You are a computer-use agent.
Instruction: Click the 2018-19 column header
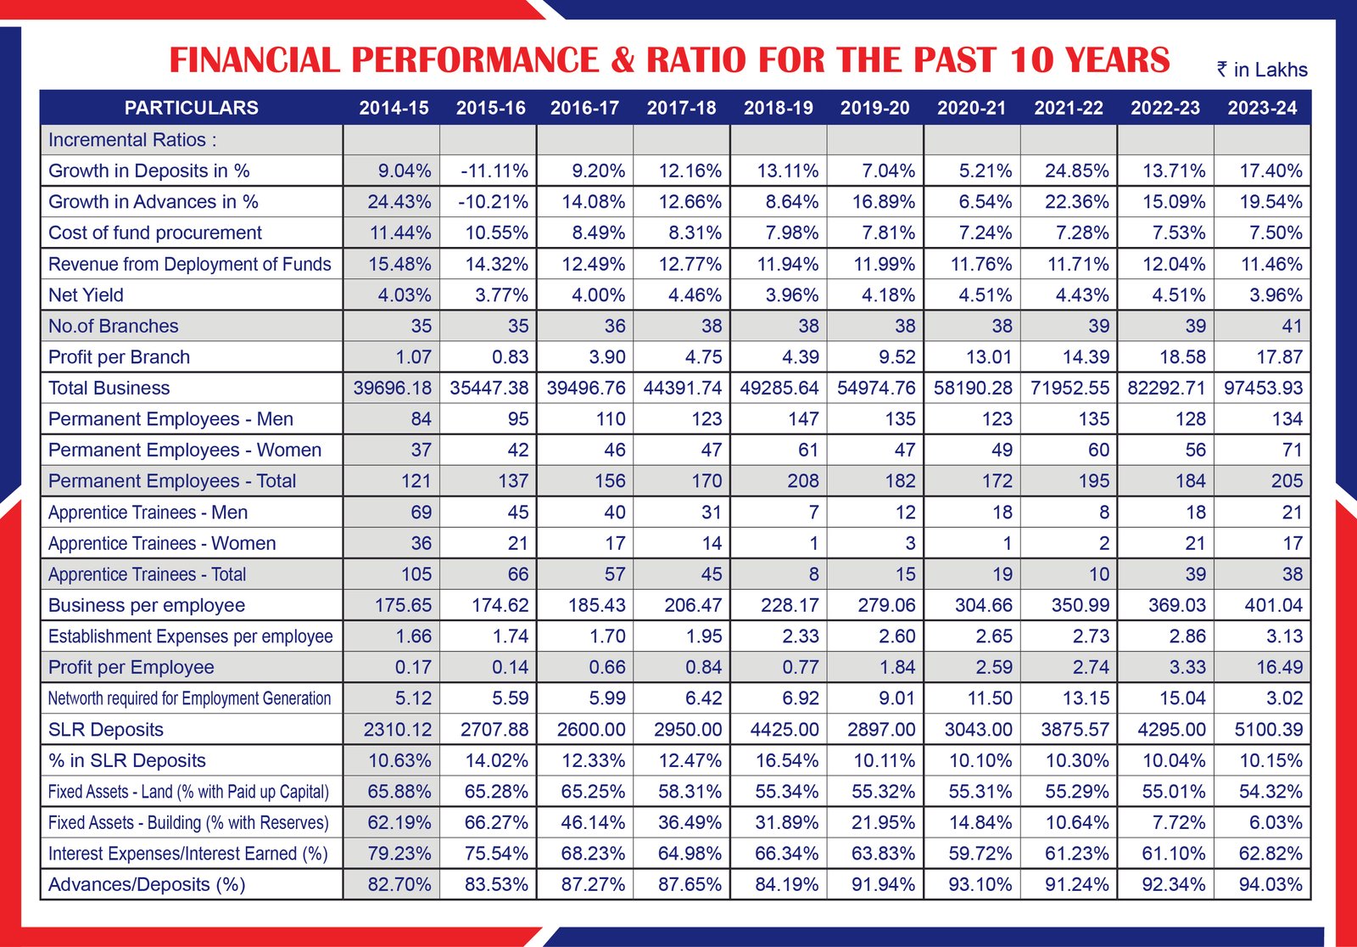coord(778,108)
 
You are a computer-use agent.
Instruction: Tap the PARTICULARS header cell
coord(192,108)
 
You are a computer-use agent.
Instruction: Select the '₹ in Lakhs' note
coord(1262,70)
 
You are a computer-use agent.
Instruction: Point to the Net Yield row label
coord(86,294)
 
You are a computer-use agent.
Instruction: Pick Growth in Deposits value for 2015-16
coord(494,171)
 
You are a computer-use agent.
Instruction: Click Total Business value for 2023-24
coord(1263,388)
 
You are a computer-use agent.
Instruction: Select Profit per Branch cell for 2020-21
coord(989,357)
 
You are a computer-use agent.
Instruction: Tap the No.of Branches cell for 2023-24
coord(1292,326)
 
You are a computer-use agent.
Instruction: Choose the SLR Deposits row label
coord(105,730)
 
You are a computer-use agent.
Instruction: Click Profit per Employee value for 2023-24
coord(1280,667)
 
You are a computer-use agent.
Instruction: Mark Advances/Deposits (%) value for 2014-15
coord(399,884)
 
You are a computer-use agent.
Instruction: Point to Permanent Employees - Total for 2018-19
coord(802,481)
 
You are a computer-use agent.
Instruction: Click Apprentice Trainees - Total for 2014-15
coord(416,574)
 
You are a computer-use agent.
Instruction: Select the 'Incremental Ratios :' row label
coord(132,140)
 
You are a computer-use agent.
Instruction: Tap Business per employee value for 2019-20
coord(886,605)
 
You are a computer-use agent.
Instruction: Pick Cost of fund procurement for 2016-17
coord(599,233)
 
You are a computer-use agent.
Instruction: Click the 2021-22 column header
coord(1069,108)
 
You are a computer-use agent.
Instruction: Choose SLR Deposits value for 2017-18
coord(688,730)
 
